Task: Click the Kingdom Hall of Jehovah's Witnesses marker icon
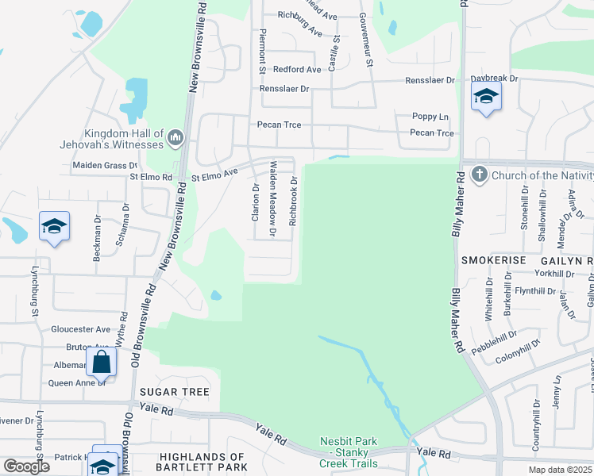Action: [x=175, y=140]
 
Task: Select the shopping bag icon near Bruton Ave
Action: [x=102, y=362]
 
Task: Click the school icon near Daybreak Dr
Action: [x=485, y=98]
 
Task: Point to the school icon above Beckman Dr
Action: [x=54, y=226]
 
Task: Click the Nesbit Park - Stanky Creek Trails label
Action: [x=349, y=452]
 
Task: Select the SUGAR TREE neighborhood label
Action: [x=174, y=392]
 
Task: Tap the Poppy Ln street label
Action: [x=430, y=117]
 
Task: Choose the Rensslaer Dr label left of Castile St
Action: [x=283, y=89]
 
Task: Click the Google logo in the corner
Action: [x=26, y=466]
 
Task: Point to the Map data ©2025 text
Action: [x=559, y=470]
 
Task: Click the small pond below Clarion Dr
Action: [x=216, y=296]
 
